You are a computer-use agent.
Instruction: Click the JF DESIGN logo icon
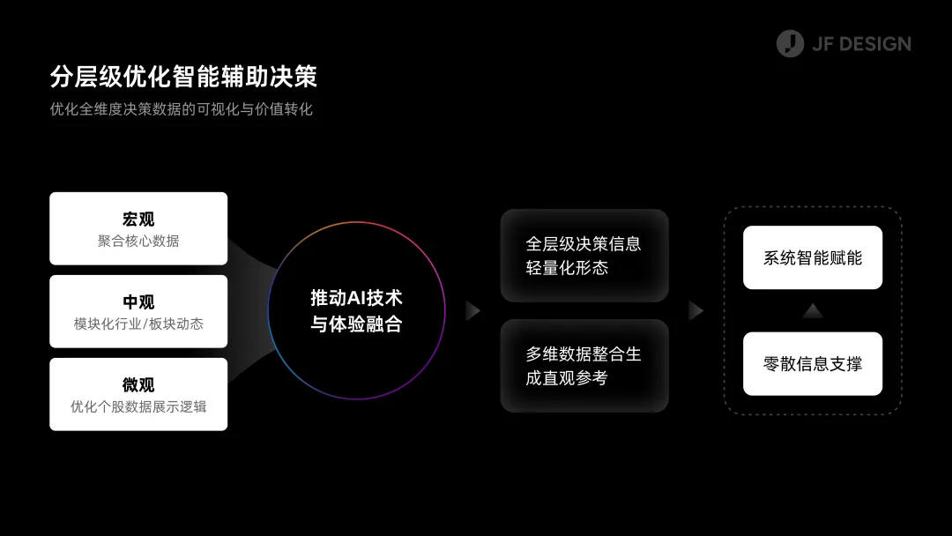tap(790, 43)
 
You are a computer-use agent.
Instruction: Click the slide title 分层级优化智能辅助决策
tap(183, 77)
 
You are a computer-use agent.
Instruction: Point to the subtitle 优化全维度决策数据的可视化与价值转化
tap(182, 110)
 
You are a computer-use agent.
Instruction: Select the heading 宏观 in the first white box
tap(138, 219)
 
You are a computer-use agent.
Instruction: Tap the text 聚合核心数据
tap(138, 241)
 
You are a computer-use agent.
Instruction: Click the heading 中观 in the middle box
tap(138, 301)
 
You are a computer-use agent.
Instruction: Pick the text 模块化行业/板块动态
tap(138, 324)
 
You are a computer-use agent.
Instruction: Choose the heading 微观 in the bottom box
tap(138, 384)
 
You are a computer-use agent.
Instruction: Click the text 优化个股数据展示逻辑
tap(138, 406)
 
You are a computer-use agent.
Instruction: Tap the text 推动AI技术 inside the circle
tap(356, 298)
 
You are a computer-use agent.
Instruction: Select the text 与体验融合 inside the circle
tap(356, 324)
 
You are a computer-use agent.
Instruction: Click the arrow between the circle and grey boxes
tap(472, 310)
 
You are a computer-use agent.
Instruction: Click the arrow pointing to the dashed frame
tap(695, 310)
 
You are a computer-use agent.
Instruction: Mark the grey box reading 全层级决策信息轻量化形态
tap(584, 256)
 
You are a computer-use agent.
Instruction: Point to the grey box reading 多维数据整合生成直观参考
tap(584, 366)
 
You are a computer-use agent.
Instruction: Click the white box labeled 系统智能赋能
tap(813, 257)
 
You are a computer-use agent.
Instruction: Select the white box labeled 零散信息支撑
tap(813, 363)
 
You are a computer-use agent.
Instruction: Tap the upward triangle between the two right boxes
tap(813, 310)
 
